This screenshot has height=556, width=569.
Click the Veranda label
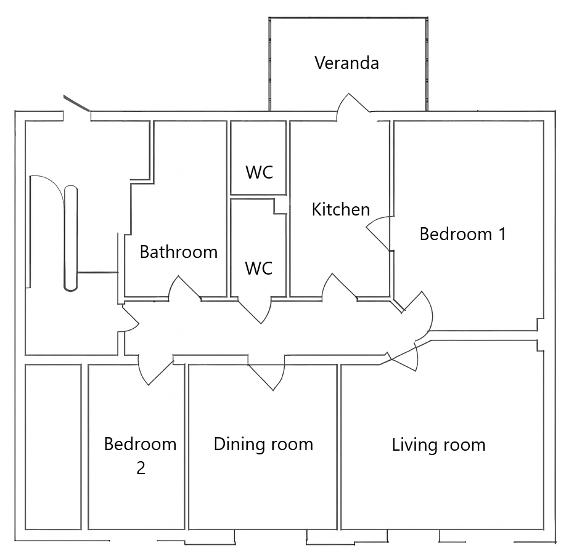346,63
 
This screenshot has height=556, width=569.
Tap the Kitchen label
341,209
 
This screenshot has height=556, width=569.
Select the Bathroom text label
179,252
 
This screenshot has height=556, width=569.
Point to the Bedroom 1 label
463,234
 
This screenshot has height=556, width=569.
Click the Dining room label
263,445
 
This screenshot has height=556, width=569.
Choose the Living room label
439,445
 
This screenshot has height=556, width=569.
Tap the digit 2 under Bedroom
141,468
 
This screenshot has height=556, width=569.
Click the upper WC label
259,172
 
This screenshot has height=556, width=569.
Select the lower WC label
259,268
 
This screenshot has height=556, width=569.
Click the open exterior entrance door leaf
76,103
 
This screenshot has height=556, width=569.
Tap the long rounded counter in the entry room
71,238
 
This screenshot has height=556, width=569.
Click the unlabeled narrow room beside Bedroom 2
53,447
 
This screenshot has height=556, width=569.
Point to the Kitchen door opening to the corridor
339,287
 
